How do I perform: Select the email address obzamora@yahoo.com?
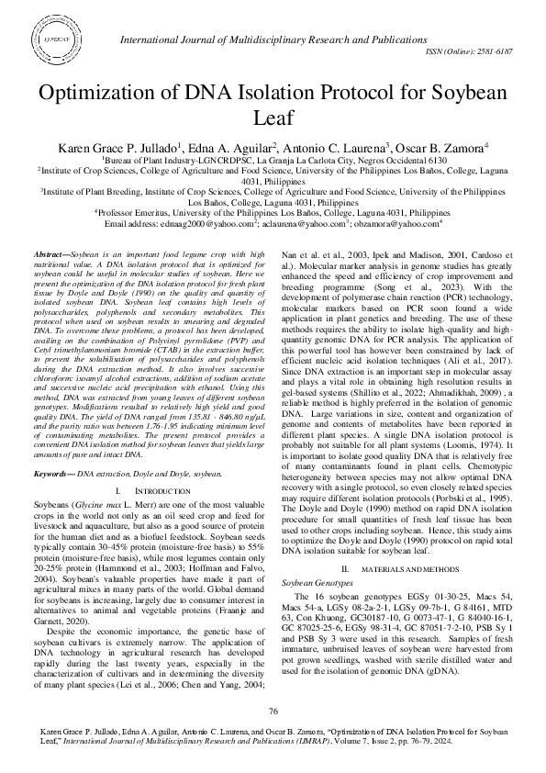coord(402,223)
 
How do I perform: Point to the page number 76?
coord(273,711)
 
